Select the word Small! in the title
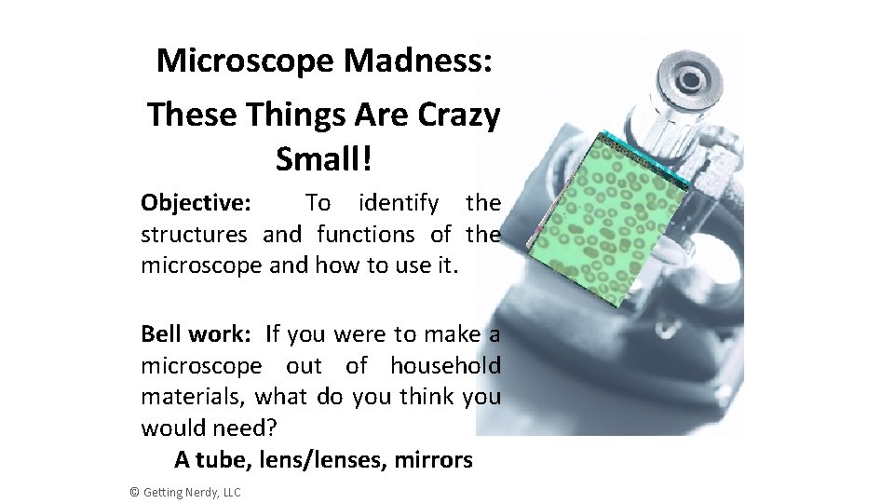tap(323, 159)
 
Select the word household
tap(445, 365)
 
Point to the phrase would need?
tap(209, 428)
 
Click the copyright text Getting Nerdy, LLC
tap(190, 492)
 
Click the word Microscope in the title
tap(246, 61)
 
